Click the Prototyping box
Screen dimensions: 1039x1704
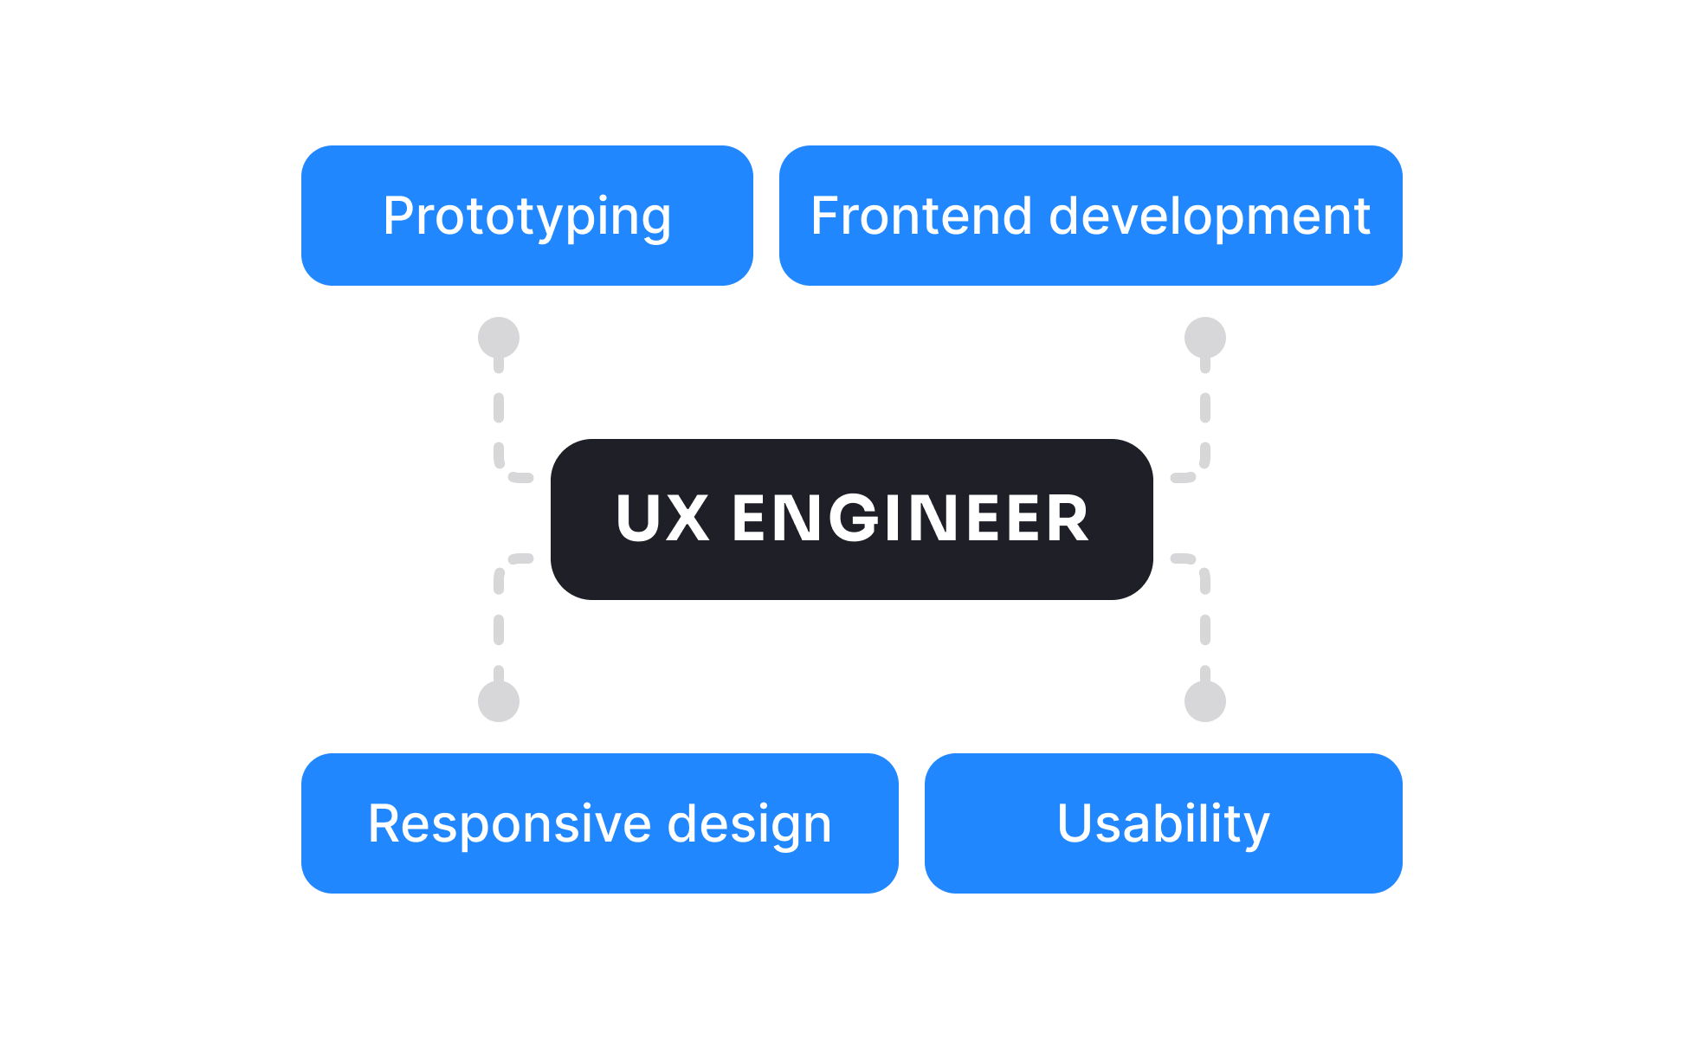point(526,216)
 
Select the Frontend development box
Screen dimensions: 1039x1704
point(1090,216)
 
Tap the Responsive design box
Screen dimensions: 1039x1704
point(599,823)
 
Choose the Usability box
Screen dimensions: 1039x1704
point(1163,823)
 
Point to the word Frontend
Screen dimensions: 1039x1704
point(920,216)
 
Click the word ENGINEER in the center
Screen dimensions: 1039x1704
point(910,519)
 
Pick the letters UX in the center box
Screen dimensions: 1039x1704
point(662,519)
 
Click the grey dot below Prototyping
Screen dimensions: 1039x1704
point(499,338)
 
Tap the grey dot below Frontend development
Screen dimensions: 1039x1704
point(1205,338)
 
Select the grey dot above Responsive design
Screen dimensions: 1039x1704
point(499,700)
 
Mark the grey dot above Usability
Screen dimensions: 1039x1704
point(1205,700)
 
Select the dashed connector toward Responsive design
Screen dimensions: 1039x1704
point(499,629)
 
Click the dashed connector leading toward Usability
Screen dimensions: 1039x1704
point(1205,629)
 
